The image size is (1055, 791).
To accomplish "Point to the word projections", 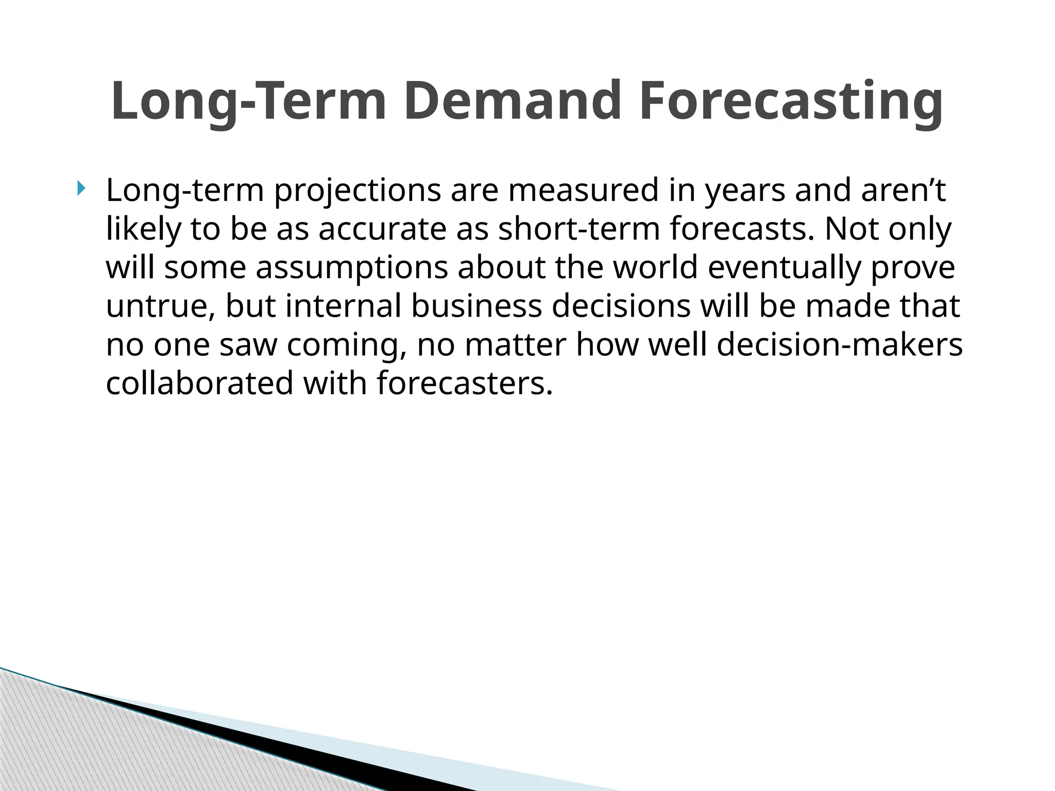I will point(357,191).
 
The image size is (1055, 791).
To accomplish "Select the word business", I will point(477,306).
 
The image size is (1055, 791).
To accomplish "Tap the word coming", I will point(346,345).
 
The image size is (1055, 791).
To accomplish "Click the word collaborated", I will point(199,384).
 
